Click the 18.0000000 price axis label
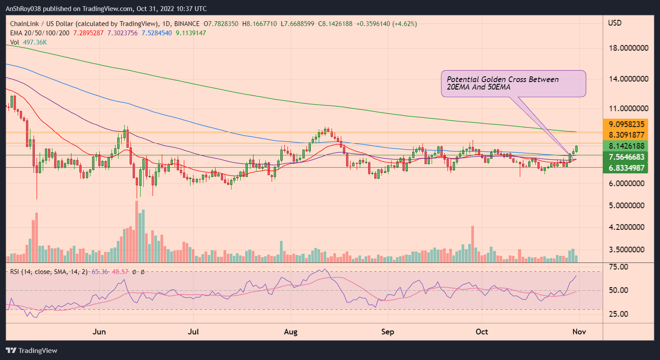628,48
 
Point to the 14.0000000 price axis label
628,79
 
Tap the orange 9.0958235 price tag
626,124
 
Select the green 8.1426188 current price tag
626,146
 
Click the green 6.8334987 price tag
626,168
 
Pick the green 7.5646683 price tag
626,157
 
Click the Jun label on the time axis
99,332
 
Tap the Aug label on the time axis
291,332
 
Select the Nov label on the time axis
579,332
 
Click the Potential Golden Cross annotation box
513,83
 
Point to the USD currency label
615,23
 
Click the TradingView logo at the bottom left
32,350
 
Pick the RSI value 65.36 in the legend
100,272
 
